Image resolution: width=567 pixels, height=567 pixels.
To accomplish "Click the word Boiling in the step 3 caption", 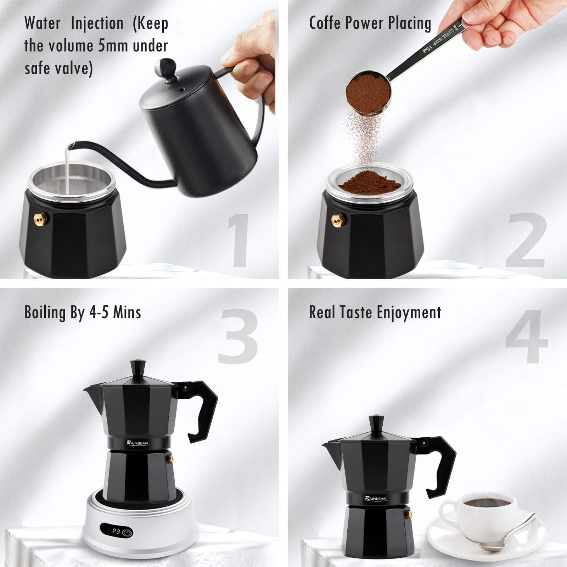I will (x=45, y=313).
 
